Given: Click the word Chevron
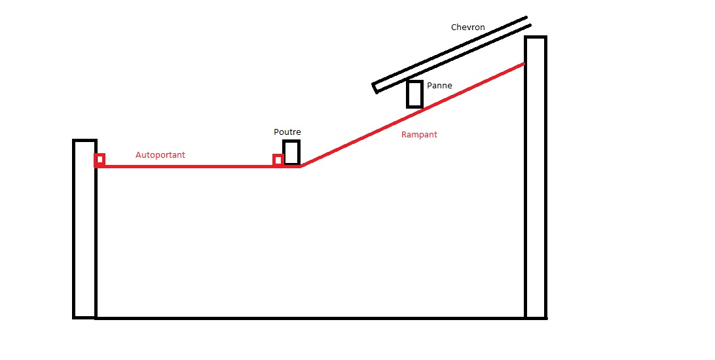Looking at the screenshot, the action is click(468, 27).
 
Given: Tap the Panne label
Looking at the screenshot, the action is click(439, 86).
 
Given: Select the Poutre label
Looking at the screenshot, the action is click(287, 132).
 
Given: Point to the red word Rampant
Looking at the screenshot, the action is click(419, 134).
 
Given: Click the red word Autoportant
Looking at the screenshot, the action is click(160, 155).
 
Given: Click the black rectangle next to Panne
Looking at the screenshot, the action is click(407, 94).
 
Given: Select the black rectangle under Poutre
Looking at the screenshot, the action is click(284, 153).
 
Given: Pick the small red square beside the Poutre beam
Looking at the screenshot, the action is click(274, 160).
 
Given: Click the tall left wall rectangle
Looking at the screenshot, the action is click(74, 228).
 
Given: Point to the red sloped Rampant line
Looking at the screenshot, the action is click(412, 115).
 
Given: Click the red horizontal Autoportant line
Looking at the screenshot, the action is click(198, 166).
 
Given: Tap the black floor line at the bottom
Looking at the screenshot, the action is click(310, 318).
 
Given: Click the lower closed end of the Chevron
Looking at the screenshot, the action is click(375, 88).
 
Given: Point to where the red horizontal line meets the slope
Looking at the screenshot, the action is click(301, 166).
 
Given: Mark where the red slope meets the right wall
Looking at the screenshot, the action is click(524, 63).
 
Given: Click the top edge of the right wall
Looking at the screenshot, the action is click(536, 37).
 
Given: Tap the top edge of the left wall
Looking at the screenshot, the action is click(85, 140).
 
